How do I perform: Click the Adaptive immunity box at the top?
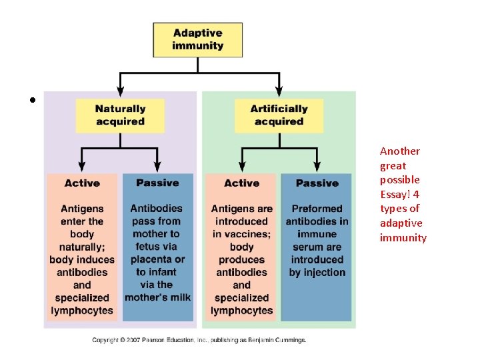(197, 39)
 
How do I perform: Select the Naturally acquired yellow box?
(120, 115)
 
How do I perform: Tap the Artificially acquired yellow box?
(279, 115)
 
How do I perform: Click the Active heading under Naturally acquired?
(82, 183)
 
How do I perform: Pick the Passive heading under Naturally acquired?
(157, 183)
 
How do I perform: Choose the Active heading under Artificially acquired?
(241, 183)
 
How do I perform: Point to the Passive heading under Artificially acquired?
(317, 183)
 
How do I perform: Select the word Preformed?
(317, 209)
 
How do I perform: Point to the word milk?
(180, 297)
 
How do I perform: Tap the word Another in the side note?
(400, 151)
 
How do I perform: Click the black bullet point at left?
(32, 101)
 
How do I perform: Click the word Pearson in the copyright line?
(159, 340)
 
